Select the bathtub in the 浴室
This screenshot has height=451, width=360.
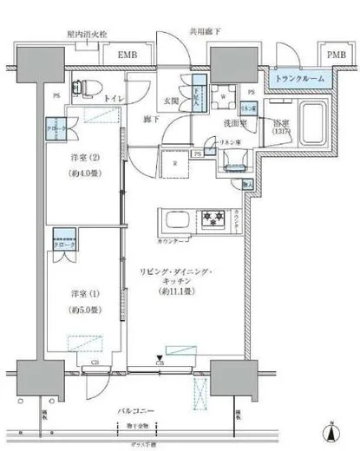(x=313, y=121)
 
